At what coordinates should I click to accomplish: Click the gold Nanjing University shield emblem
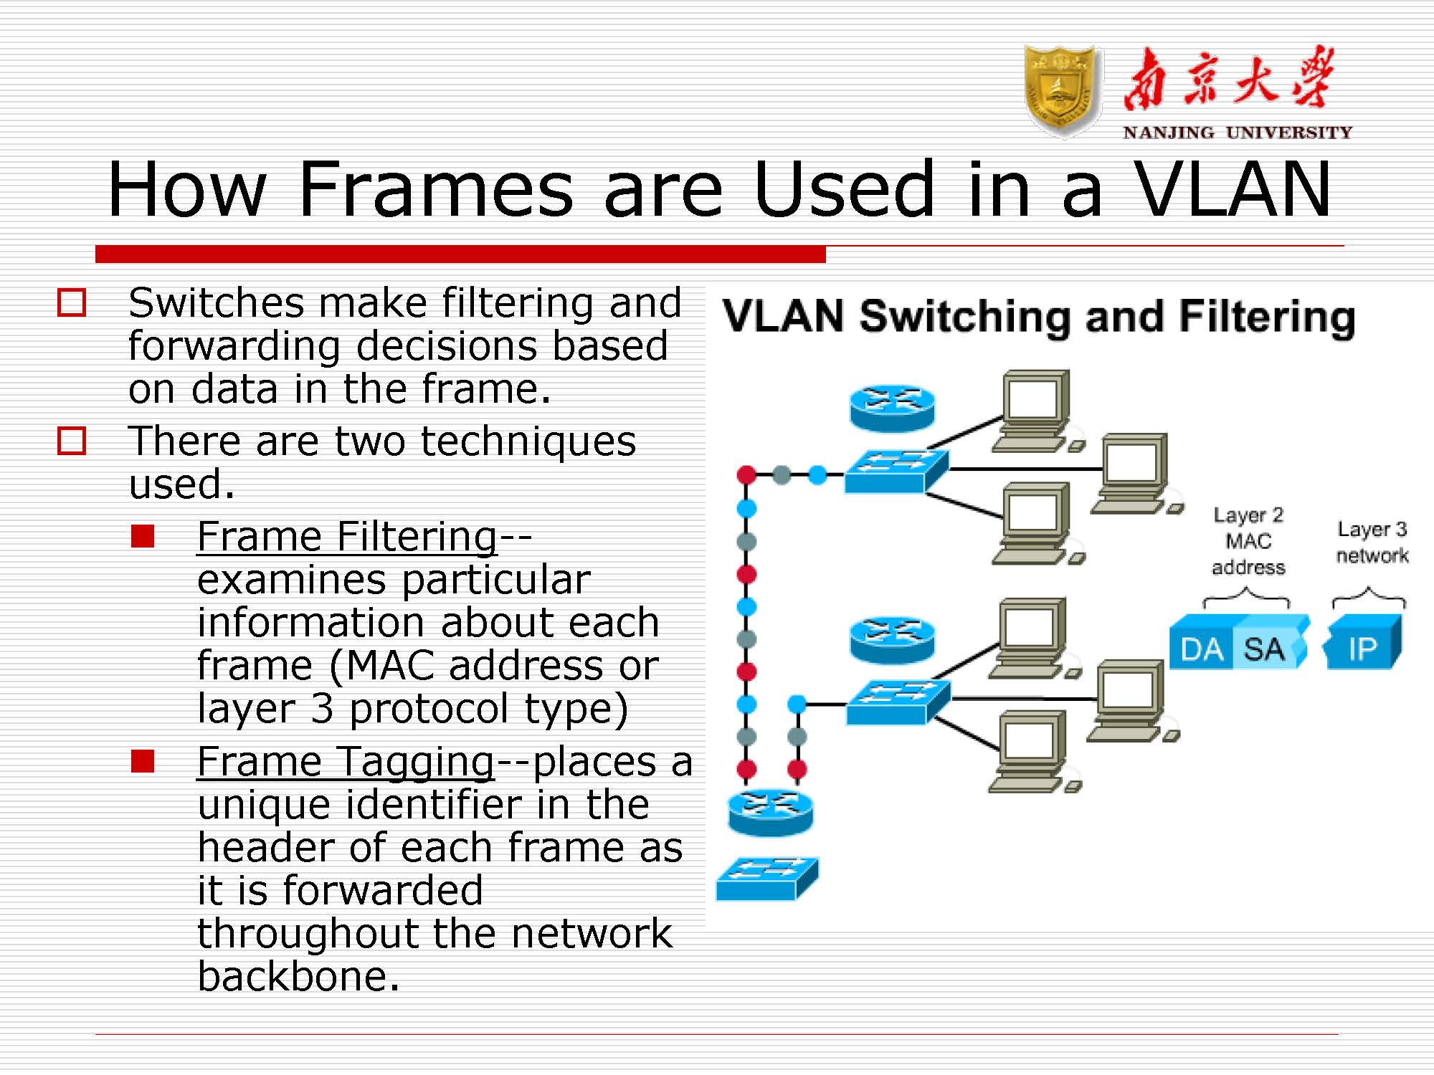tap(1063, 90)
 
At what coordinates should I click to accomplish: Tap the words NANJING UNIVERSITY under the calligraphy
tap(1237, 133)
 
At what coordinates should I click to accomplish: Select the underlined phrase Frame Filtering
tap(347, 536)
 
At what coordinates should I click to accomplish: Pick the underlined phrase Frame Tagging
tap(346, 761)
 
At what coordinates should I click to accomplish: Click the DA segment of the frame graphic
tap(1202, 649)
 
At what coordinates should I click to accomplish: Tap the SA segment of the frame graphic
tap(1264, 649)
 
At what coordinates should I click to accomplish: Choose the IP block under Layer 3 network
tap(1362, 649)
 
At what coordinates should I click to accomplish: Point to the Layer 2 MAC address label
tap(1248, 541)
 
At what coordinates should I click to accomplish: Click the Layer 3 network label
tap(1372, 542)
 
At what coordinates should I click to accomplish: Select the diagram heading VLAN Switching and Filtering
tap(1038, 316)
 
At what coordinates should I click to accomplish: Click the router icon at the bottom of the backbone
tap(770, 813)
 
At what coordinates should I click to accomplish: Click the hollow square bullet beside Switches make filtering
tap(72, 302)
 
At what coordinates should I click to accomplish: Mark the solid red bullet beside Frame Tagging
tap(143, 761)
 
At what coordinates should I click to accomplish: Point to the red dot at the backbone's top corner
tap(746, 474)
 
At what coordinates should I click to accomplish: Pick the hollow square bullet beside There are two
tap(72, 441)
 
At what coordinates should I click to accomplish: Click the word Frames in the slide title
tap(436, 189)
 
